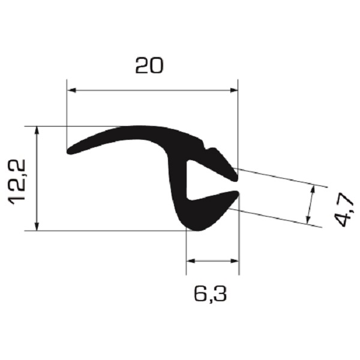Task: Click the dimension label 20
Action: click(x=149, y=65)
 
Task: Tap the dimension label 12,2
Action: click(x=17, y=182)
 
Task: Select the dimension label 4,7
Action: click(x=343, y=209)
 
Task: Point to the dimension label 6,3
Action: click(x=211, y=294)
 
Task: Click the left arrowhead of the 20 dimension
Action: click(x=71, y=90)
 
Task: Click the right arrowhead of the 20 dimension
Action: click(x=233, y=90)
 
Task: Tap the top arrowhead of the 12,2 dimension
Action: click(x=37, y=131)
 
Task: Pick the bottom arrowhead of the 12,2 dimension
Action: click(x=37, y=226)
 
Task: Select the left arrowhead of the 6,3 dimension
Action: click(x=191, y=261)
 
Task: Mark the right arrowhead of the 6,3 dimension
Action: click(x=235, y=261)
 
